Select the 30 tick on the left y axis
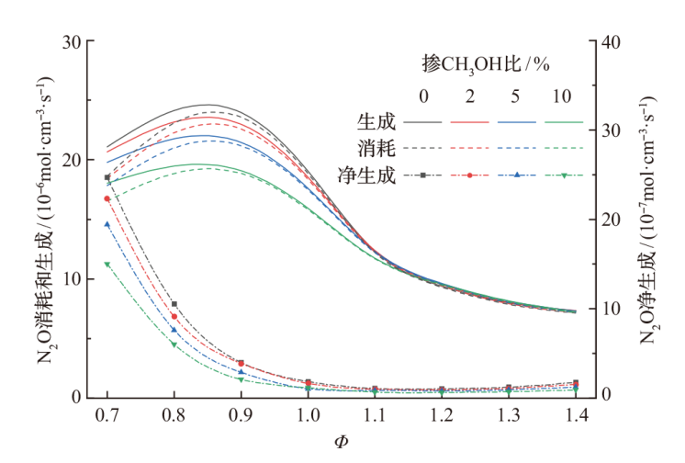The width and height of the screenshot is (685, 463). click(x=71, y=41)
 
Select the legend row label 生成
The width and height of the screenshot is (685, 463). click(x=376, y=121)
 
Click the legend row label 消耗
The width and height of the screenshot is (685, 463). click(x=376, y=148)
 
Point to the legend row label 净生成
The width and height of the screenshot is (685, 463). click(x=369, y=175)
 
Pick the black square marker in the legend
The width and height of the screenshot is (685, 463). click(x=423, y=175)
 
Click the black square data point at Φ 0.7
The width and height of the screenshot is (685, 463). click(x=107, y=177)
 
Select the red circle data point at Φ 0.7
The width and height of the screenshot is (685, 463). click(x=107, y=198)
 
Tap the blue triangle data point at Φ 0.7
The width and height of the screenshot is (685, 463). click(x=107, y=224)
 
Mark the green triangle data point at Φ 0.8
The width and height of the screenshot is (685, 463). click(x=174, y=345)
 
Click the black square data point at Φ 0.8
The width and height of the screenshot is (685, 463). click(x=174, y=304)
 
